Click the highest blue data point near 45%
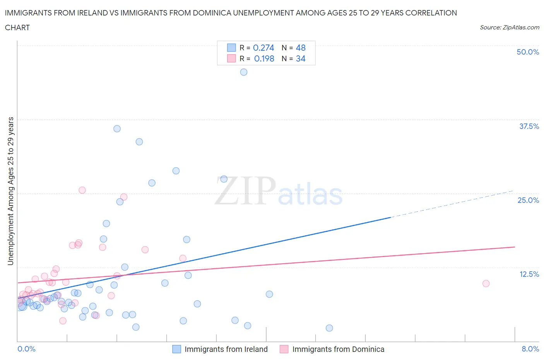[244, 72]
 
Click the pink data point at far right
[486, 283]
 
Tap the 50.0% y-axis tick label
[528, 52]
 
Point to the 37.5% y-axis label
[529, 126]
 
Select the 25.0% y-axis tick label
[528, 200]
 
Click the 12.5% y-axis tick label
[529, 274]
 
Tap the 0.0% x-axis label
[26, 349]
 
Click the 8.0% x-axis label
[530, 349]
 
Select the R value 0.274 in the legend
[263, 48]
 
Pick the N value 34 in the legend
[301, 58]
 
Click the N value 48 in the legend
[301, 48]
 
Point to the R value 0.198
[264, 58]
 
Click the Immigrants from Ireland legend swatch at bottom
[176, 349]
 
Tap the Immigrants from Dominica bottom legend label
[338, 349]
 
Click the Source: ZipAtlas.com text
[509, 27]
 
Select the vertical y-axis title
[10, 191]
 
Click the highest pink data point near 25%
[82, 190]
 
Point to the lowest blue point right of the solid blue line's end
[329, 328]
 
